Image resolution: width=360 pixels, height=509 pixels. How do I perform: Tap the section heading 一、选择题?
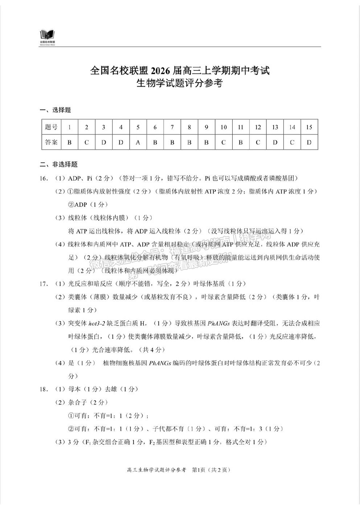[55, 110]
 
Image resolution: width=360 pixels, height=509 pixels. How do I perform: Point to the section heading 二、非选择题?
[59, 165]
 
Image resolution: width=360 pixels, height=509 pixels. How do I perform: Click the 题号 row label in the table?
[51, 127]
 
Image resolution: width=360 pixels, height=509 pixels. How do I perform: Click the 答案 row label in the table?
[51, 142]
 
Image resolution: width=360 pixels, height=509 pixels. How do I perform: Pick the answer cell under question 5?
[138, 142]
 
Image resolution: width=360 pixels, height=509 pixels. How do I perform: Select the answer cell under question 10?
[224, 142]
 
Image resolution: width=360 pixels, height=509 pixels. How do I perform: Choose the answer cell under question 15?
[309, 142]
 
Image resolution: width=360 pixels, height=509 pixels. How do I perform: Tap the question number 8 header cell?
[189, 127]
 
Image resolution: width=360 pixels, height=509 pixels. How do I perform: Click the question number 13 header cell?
[275, 127]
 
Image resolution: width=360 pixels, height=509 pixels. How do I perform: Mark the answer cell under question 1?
[69, 142]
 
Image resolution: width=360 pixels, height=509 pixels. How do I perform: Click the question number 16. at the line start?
[44, 178]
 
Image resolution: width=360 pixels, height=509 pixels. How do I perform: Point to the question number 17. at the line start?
[44, 284]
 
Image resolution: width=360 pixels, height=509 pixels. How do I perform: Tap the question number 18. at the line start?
[44, 389]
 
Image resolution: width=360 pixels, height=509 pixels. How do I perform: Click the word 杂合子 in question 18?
[77, 402]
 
